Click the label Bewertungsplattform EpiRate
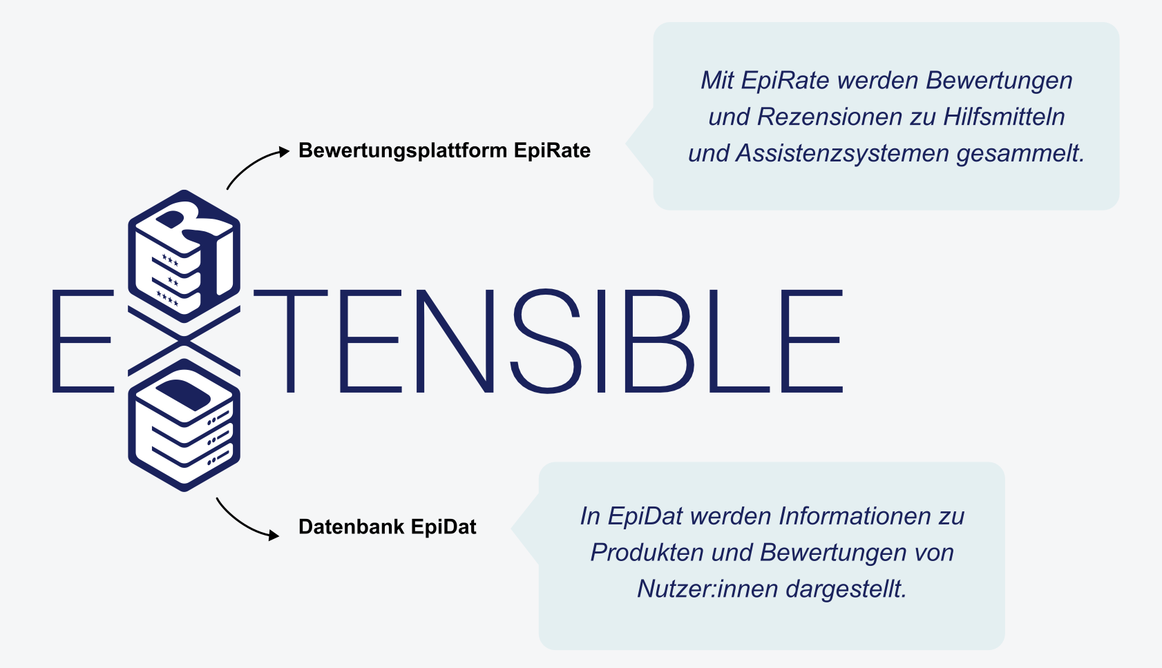(444, 150)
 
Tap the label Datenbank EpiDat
(387, 527)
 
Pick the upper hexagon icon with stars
(184, 255)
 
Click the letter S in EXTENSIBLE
(546, 341)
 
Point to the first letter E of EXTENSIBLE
(82, 341)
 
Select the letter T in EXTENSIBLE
(291, 341)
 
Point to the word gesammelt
(1020, 153)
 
